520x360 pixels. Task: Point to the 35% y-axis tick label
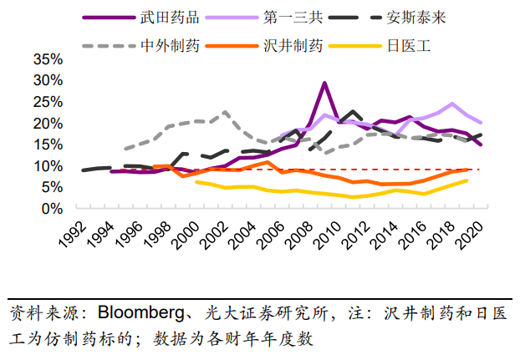pyautogui.click(x=46, y=59)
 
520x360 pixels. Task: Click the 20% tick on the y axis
pyautogui.click(x=46, y=123)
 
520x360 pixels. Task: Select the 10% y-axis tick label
pyautogui.click(x=46, y=165)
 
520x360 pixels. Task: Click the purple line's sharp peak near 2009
pyautogui.click(x=324, y=83)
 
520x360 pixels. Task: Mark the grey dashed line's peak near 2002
pyautogui.click(x=225, y=112)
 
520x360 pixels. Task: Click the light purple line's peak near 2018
pyautogui.click(x=452, y=104)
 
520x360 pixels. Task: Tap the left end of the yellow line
pyautogui.click(x=196, y=181)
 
